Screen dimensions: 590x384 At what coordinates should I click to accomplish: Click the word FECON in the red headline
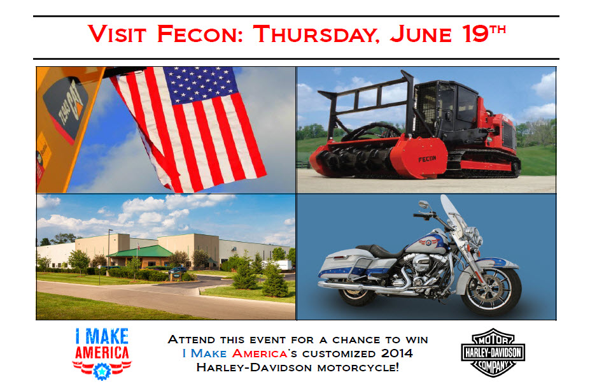pos(200,34)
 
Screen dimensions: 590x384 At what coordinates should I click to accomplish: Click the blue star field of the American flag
pos(200,83)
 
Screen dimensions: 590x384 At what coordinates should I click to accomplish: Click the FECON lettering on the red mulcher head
pos(427,159)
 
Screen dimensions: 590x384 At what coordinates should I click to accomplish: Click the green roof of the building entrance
pos(140,252)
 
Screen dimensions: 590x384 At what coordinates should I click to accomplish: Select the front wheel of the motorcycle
pos(491,289)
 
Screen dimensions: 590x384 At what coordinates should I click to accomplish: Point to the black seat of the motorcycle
pos(380,250)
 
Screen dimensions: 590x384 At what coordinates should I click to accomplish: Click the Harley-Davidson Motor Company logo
pos(493,352)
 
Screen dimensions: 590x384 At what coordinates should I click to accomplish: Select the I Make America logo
pos(102,353)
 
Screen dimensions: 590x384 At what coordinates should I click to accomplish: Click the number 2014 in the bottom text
pos(397,353)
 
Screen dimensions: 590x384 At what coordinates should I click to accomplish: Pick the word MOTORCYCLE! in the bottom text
pos(358,367)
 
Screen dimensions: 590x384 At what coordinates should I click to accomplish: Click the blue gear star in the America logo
pos(102,371)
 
